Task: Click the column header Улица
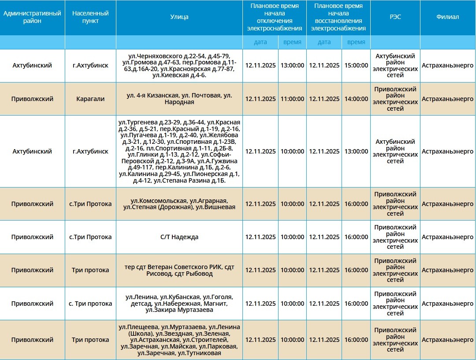pyautogui.click(x=179, y=17)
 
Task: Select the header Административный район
pyautogui.click(x=32, y=17)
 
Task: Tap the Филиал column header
pyautogui.click(x=447, y=17)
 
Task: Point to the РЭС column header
pyautogui.click(x=395, y=17)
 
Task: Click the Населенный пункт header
pyautogui.click(x=90, y=17)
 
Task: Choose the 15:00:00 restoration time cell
pyautogui.click(x=356, y=65)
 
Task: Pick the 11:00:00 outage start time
pyautogui.click(x=292, y=99)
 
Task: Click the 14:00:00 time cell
pyautogui.click(x=356, y=99)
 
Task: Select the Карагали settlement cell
pyautogui.click(x=90, y=99)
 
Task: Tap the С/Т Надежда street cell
pyautogui.click(x=179, y=237)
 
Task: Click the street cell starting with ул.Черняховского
pyautogui.click(x=179, y=66)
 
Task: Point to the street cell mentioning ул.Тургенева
pyautogui.click(x=179, y=151)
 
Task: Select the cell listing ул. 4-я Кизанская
pyautogui.click(x=179, y=99)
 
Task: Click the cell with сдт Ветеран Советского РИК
pyautogui.click(x=179, y=270)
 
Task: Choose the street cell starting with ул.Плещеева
pyautogui.click(x=179, y=340)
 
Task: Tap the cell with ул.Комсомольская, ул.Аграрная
pyautogui.click(x=179, y=204)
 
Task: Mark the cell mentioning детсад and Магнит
pyautogui.click(x=179, y=304)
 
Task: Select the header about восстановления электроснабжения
pyautogui.click(x=338, y=17)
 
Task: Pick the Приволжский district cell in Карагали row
pyautogui.click(x=32, y=99)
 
